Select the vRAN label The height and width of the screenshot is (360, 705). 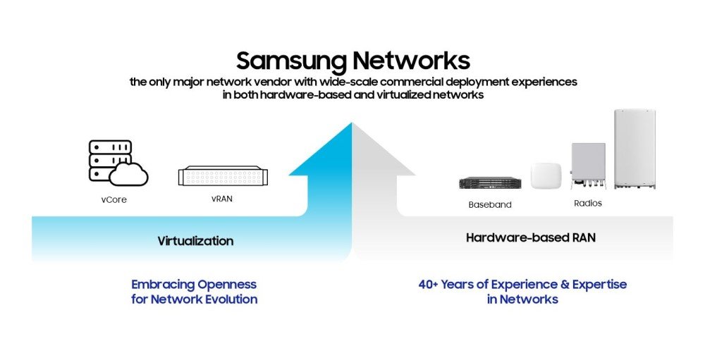[221, 199]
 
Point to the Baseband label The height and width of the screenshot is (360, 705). [489, 205]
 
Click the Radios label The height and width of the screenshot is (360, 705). [587, 203]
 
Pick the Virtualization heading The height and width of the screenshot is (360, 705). [195, 241]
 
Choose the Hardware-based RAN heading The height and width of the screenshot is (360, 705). [530, 238]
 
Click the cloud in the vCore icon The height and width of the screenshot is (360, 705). [130, 173]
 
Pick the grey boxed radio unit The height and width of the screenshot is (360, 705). [588, 164]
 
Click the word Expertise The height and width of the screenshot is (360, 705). [596, 285]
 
